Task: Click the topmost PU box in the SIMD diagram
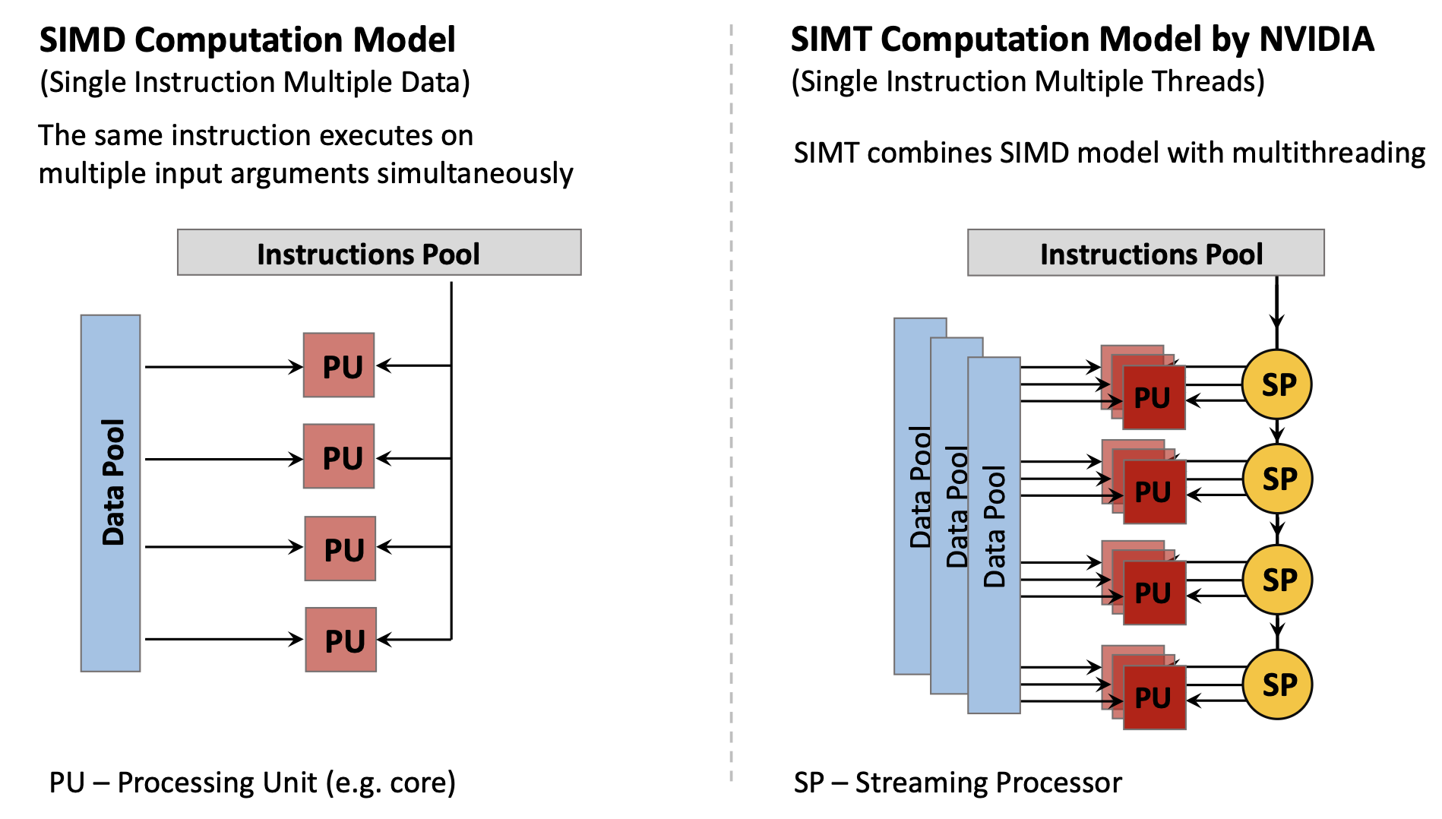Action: [x=339, y=365]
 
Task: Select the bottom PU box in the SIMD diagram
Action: [x=341, y=640]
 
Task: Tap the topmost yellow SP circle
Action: [x=1277, y=384]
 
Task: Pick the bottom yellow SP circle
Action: [x=1278, y=685]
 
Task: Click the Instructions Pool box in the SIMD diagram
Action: [x=379, y=253]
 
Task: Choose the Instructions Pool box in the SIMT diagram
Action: [x=1146, y=253]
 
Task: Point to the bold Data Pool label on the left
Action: [x=112, y=482]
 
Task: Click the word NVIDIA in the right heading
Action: [x=1317, y=40]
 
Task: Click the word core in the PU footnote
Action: [x=418, y=783]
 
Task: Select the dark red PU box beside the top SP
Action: [x=1154, y=398]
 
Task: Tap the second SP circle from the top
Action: [x=1278, y=479]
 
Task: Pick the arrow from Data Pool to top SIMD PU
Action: [x=223, y=367]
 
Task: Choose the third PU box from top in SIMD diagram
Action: [x=340, y=549]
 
